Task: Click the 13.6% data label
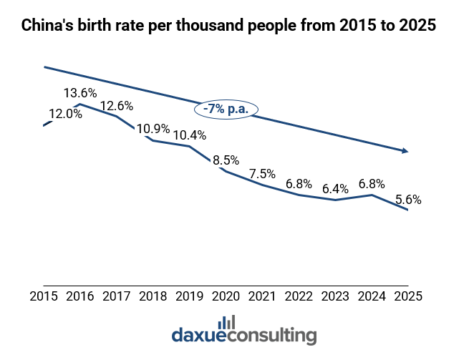coord(80,93)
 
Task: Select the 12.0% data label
coord(65,113)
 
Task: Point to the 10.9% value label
coord(153,129)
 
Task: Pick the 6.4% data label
coord(335,189)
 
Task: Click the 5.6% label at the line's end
coord(407,200)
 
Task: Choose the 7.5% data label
coord(262,174)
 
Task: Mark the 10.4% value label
coord(189,135)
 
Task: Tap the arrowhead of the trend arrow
coord(405,151)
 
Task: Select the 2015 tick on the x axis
coord(44,296)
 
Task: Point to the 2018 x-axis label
coord(153,296)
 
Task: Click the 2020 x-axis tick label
coord(226,296)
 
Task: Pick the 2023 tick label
coord(335,296)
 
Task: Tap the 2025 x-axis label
coord(407,296)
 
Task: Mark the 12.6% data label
coord(117,107)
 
